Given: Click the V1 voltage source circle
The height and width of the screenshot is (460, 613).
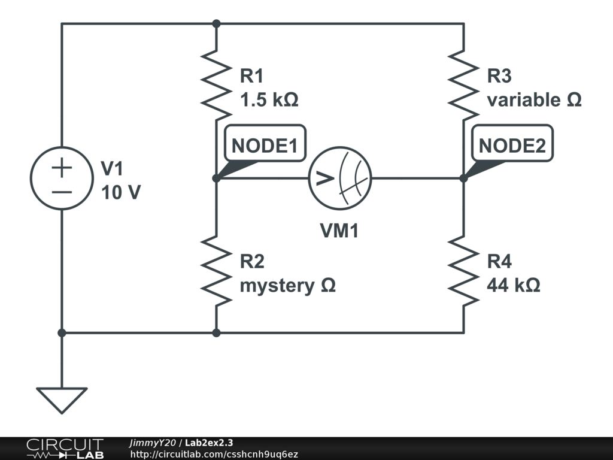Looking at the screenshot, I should (x=62, y=178).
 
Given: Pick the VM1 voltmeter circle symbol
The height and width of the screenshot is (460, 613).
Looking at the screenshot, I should (x=340, y=178).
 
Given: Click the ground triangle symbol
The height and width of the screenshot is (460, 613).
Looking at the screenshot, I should (x=62, y=399).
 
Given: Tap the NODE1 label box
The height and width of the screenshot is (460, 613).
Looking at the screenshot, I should (x=264, y=146).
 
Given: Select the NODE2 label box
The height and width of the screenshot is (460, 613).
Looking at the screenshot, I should (x=512, y=146).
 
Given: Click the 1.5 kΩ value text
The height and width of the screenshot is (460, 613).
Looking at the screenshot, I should (x=269, y=100).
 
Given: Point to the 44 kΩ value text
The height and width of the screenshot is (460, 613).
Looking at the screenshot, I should (x=514, y=286).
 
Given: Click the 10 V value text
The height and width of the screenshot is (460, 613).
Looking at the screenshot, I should (x=121, y=193).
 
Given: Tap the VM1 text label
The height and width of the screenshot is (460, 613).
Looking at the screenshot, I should (x=339, y=231).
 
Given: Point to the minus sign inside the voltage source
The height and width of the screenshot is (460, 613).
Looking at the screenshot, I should (x=62, y=192).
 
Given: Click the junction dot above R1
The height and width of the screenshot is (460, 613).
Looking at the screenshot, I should (x=217, y=24).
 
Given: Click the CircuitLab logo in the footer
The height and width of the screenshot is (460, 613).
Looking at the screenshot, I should (x=65, y=449).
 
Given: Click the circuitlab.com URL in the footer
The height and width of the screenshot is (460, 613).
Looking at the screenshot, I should (x=214, y=455).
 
